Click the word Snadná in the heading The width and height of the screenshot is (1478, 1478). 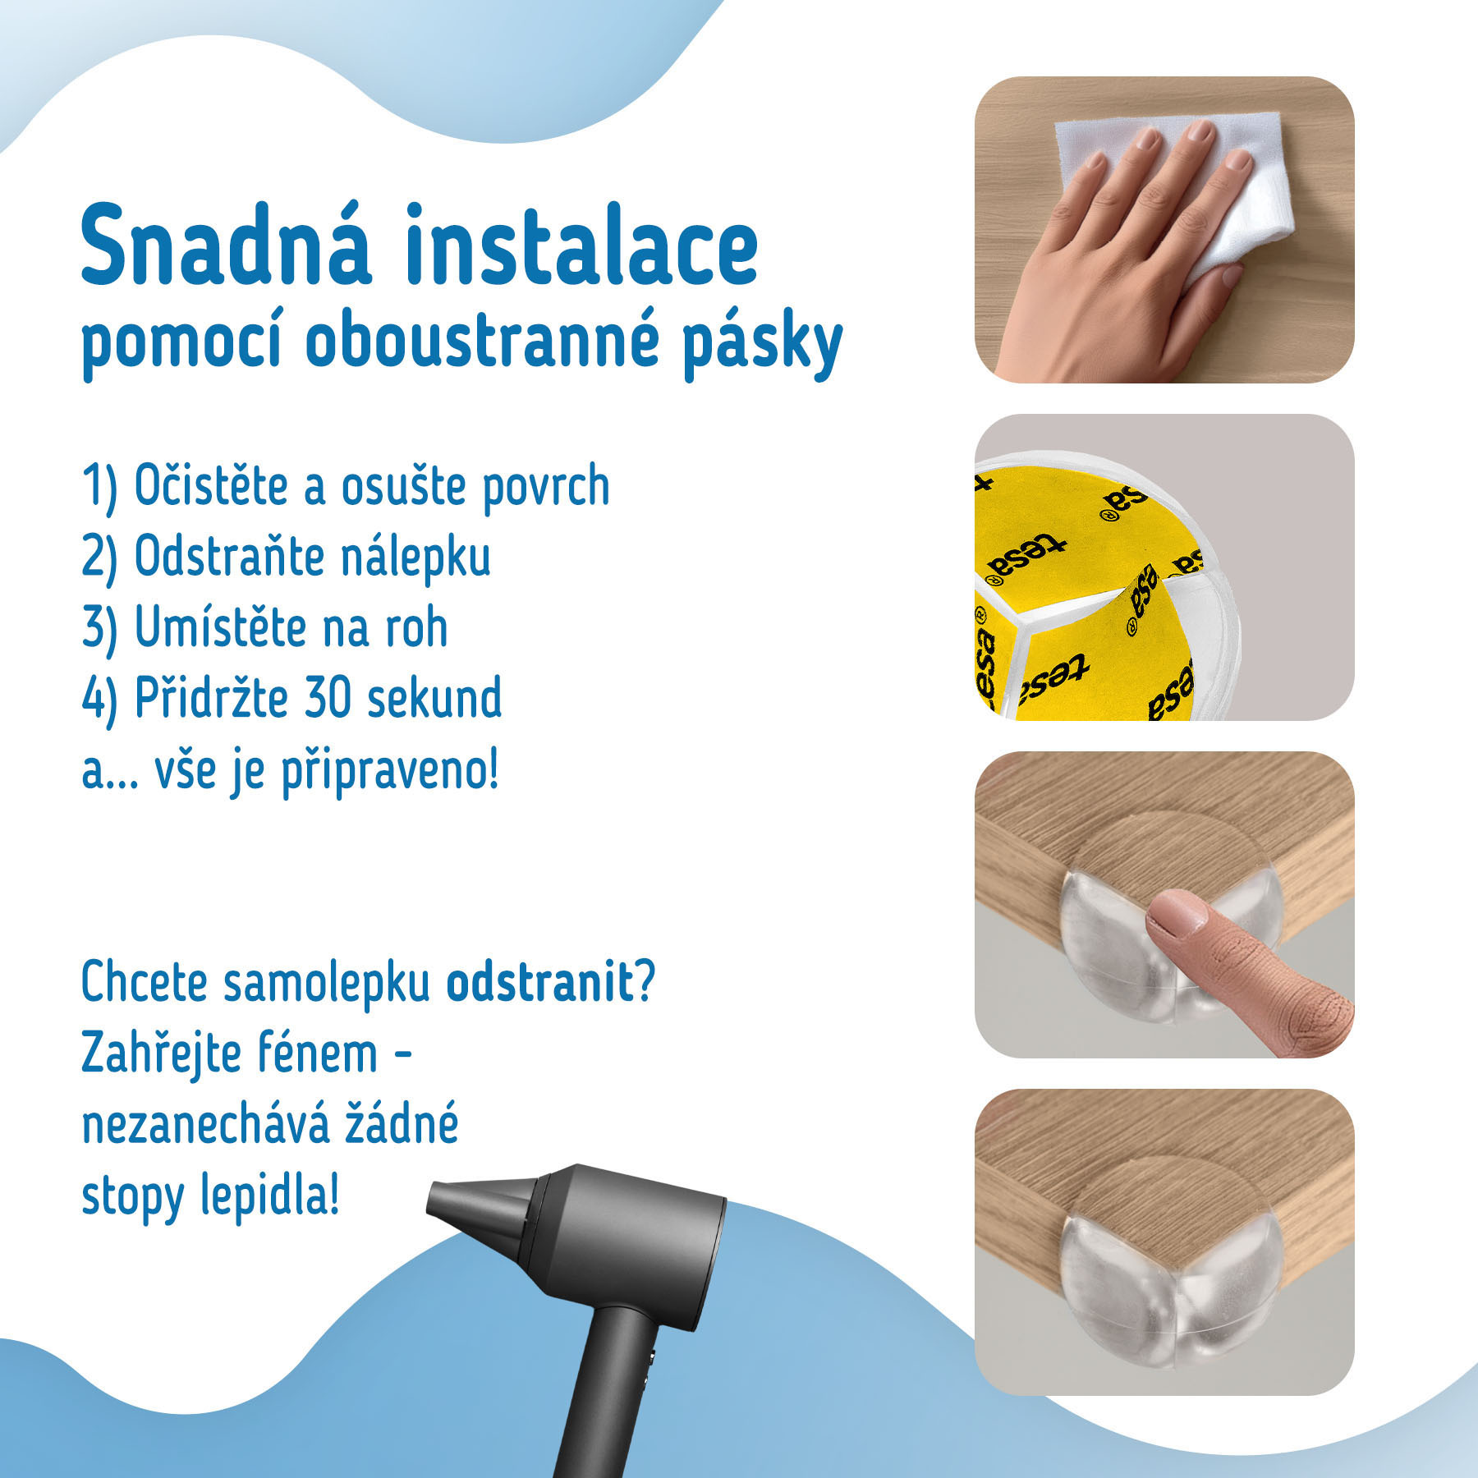click(x=226, y=244)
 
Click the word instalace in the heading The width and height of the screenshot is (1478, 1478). click(x=582, y=244)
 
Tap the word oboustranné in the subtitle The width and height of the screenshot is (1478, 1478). click(x=483, y=343)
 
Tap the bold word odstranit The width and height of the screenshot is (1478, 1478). click(x=540, y=981)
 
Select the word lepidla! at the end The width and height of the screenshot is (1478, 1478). click(x=270, y=1197)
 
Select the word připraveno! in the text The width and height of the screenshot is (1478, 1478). click(x=390, y=773)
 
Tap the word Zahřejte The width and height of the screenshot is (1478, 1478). click(x=160, y=1054)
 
